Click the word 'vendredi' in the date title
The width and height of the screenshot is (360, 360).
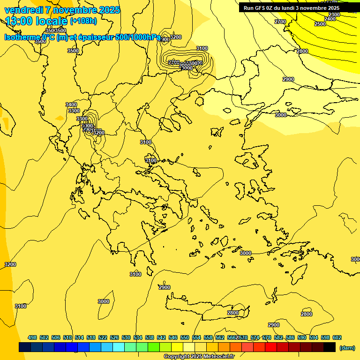pyautogui.click(x=24, y=10)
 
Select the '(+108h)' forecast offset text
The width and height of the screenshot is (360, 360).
pyautogui.click(x=83, y=21)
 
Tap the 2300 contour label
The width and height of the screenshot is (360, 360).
pyautogui.click(x=334, y=15)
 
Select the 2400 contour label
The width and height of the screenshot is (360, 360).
pyautogui.click(x=330, y=19)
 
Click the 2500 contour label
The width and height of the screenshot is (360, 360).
pyautogui.click(x=320, y=24)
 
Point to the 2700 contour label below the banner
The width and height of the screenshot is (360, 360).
pyautogui.click(x=280, y=22)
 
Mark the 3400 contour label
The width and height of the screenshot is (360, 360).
pyautogui.click(x=71, y=105)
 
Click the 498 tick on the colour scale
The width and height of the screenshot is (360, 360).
pyautogui.click(x=32, y=337)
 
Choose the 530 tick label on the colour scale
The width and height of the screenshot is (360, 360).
pyautogui.click(x=126, y=337)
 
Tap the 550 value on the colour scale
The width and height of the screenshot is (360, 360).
pyautogui.click(x=185, y=337)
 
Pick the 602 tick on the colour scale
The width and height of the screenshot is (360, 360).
pyautogui.click(x=337, y=337)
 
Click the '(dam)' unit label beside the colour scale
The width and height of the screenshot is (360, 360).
pyautogui.click(x=347, y=347)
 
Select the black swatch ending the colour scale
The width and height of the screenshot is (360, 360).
pyautogui.click(x=330, y=347)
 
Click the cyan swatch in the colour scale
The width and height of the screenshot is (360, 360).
pyautogui.click(x=119, y=347)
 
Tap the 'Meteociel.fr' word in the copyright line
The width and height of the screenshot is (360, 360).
pyautogui.click(x=219, y=357)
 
